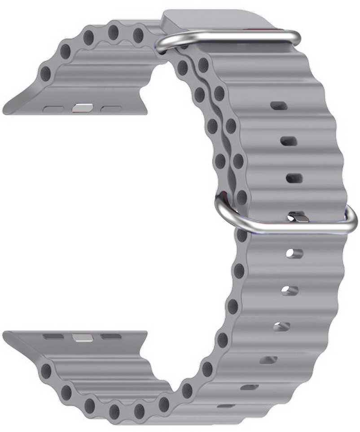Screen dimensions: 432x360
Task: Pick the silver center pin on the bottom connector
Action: (x=81, y=336)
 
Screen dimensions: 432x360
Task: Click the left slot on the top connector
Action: (x=55, y=108)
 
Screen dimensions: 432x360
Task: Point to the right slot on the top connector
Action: (x=111, y=108)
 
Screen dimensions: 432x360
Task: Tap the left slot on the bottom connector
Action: (x=53, y=336)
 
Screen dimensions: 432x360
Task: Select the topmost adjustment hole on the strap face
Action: (x=279, y=106)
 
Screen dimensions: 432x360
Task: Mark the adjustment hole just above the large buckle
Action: (x=294, y=178)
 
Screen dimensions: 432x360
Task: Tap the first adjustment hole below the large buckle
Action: (x=294, y=253)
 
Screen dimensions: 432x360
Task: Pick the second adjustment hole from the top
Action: (x=289, y=141)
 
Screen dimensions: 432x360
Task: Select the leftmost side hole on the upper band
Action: (x=45, y=74)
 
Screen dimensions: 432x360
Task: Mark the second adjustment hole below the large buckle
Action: (x=290, y=291)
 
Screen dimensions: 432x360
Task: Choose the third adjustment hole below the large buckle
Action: (x=281, y=327)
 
